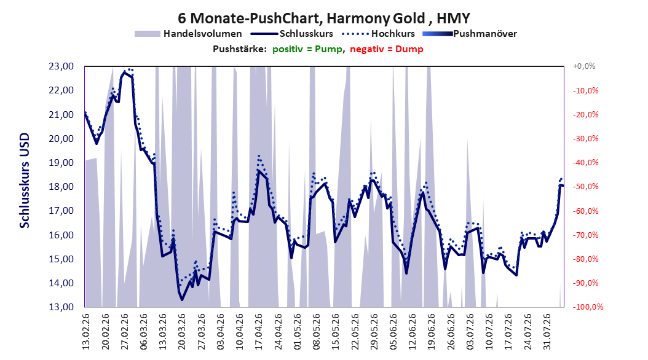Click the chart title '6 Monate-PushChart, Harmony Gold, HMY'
click(324, 18)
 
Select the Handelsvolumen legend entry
click(189, 34)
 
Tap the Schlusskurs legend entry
click(292, 34)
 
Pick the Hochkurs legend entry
click(379, 34)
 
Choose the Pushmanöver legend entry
click(470, 34)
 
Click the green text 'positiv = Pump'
click(307, 49)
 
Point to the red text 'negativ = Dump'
click(387, 49)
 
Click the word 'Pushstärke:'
click(240, 49)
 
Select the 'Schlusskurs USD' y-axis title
click(25, 180)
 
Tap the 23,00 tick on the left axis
click(61, 66)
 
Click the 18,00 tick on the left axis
click(61, 187)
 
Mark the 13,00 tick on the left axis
click(61, 307)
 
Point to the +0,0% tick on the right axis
click(584, 66)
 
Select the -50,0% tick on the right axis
click(585, 187)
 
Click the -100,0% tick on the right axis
click(588, 307)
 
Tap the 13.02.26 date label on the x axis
click(86, 332)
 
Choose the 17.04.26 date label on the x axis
click(259, 332)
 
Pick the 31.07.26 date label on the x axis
click(547, 332)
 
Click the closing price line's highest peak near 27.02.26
click(124, 71)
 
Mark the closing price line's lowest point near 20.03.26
click(182, 300)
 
